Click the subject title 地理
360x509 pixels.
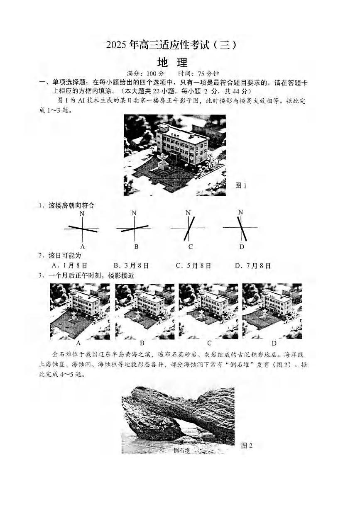point(173,63)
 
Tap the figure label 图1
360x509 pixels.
point(241,185)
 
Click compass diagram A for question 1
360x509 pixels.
point(82,229)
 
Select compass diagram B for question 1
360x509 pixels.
point(134,228)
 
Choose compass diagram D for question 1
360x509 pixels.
point(241,228)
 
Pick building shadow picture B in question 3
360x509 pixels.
point(144,311)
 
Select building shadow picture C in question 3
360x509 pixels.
point(208,311)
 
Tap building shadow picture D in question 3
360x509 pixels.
point(272,311)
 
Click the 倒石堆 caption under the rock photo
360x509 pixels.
point(181,451)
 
